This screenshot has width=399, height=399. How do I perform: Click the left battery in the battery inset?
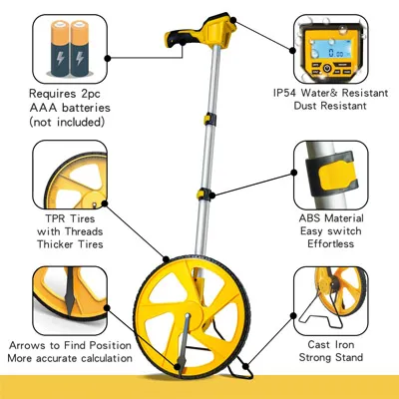60,48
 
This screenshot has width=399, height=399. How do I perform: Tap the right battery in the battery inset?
80,48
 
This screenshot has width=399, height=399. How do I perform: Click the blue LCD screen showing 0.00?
330,49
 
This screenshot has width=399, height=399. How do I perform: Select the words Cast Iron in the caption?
331,344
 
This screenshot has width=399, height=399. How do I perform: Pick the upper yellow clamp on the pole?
209,119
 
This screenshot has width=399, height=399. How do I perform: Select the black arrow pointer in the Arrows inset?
70,292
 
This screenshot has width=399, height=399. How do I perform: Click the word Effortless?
330,243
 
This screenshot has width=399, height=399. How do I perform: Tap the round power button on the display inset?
327,69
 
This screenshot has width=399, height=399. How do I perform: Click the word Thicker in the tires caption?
55,244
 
